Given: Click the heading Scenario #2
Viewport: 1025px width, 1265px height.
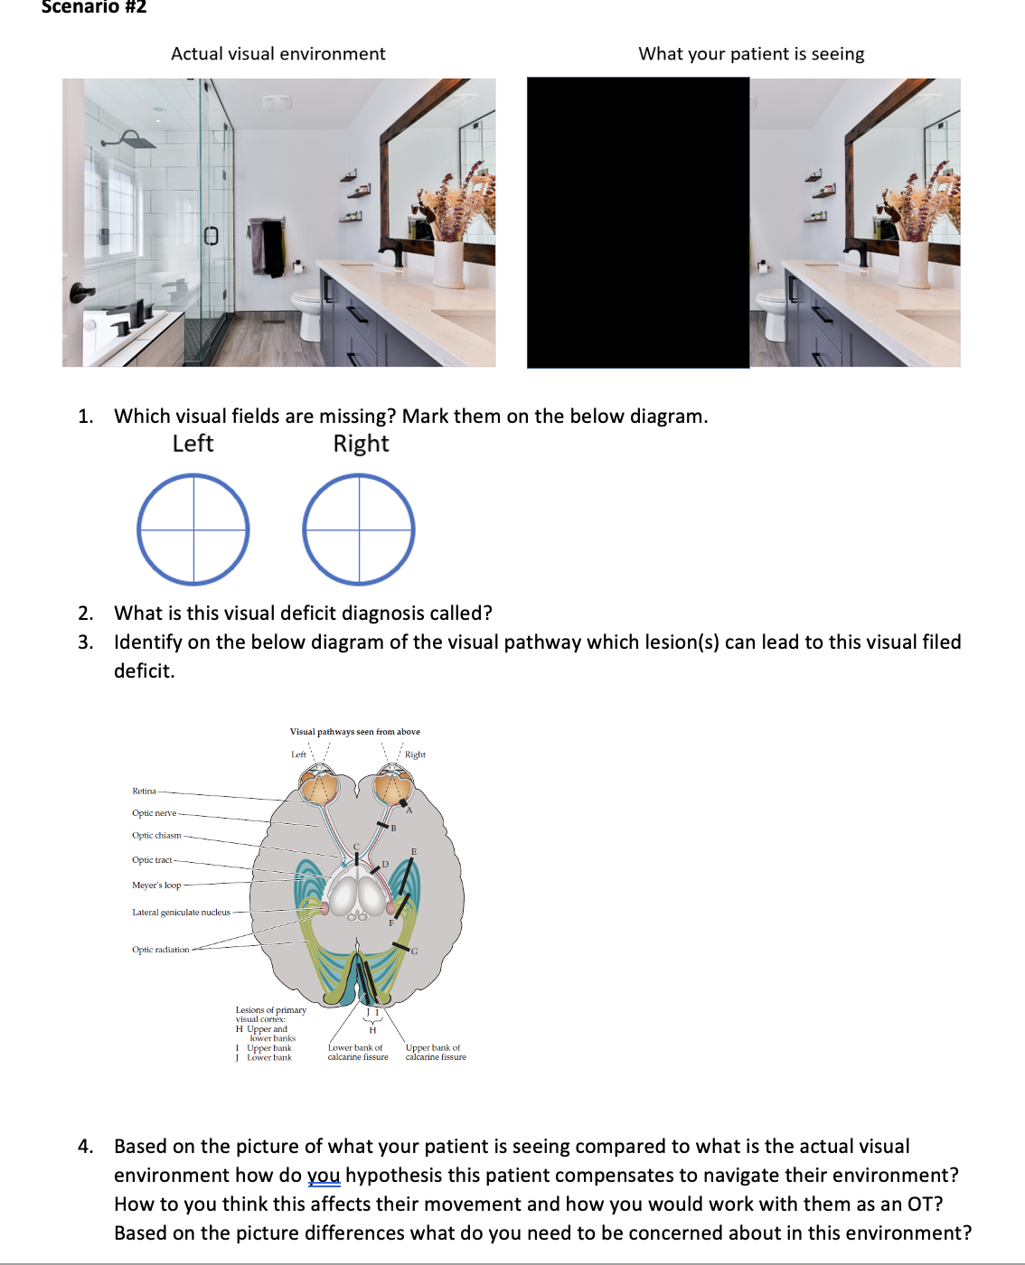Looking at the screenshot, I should point(94,7).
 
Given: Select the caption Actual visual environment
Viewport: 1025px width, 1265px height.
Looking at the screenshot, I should point(278,54).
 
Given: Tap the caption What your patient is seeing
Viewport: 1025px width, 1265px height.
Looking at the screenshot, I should point(751,54).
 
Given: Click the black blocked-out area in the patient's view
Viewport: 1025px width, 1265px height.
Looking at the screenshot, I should point(638,222).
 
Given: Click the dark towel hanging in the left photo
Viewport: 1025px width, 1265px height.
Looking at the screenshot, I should point(267,248).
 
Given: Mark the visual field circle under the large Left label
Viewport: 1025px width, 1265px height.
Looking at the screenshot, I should point(193,529).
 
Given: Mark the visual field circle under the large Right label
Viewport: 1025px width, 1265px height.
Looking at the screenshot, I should point(359,529).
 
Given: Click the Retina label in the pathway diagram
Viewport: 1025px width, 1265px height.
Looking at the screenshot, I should point(144,791).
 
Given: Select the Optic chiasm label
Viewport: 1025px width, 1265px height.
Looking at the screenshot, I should point(156,836).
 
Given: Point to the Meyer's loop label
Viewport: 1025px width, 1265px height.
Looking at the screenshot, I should point(156,885).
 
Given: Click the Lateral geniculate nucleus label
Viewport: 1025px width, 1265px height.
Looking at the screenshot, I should point(181,913).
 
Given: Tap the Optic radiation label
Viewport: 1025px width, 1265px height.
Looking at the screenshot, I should point(161,950).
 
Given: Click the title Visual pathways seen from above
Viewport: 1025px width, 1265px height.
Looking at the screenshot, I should point(354,732).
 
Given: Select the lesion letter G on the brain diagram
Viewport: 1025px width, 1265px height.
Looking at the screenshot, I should point(415,951).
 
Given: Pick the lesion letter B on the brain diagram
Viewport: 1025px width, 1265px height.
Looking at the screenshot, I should point(393,828).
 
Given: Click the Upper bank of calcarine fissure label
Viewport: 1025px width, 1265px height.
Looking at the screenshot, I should point(436,1053).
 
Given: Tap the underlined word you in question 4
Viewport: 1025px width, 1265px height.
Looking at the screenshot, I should point(324,1176).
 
